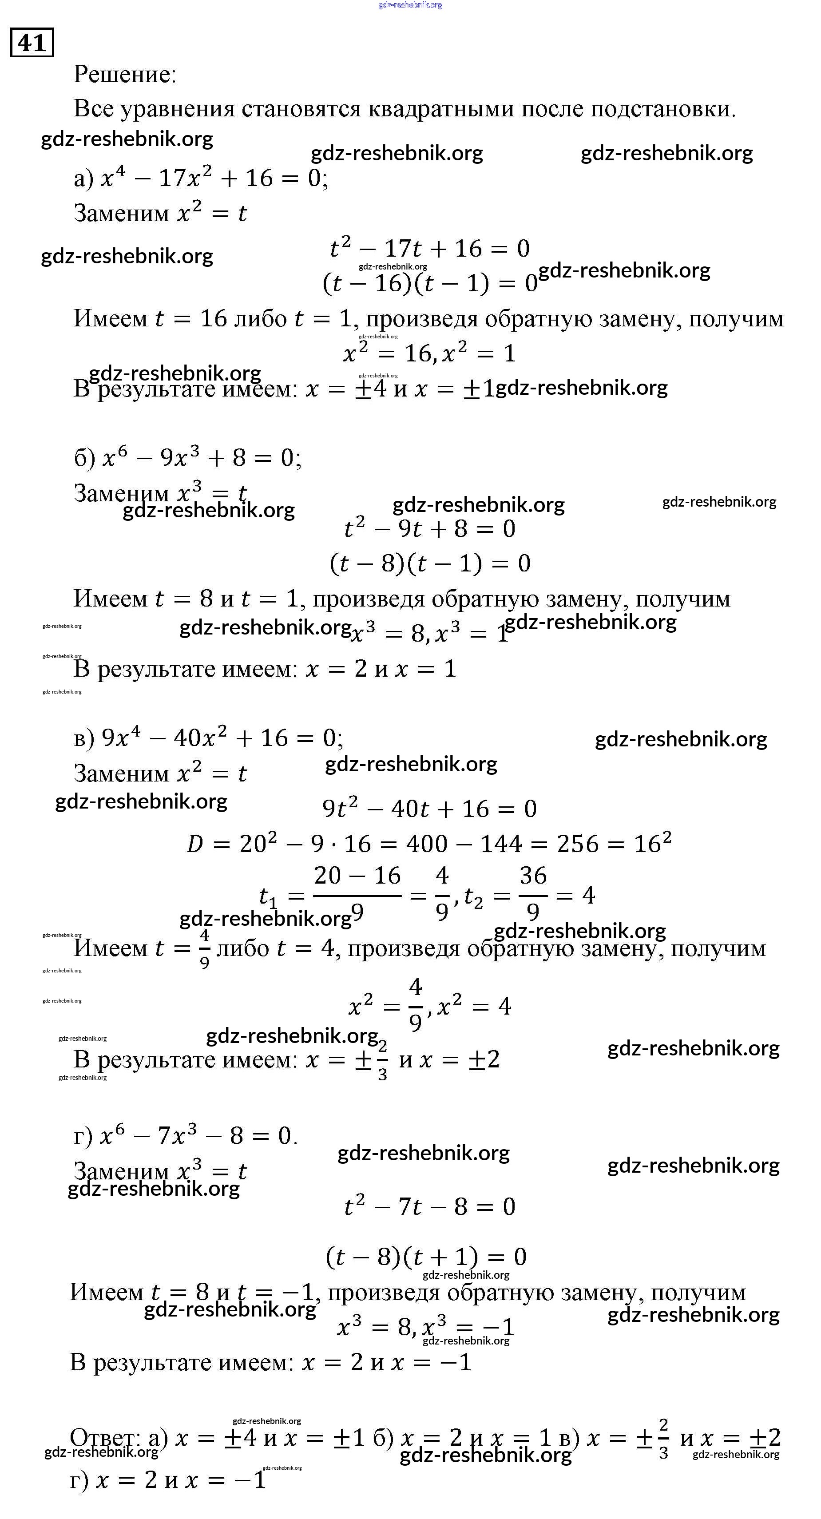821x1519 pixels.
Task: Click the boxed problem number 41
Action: tap(32, 43)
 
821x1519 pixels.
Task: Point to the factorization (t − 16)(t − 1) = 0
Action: tap(430, 284)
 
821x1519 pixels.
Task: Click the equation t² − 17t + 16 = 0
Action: tap(429, 248)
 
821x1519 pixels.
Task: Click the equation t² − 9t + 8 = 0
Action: tap(429, 528)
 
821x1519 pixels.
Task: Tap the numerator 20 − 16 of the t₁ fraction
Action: tap(357, 876)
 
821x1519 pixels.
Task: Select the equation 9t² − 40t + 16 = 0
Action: tap(429, 809)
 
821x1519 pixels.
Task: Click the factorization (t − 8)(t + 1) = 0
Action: tap(426, 1257)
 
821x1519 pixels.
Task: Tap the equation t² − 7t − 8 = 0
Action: tap(429, 1206)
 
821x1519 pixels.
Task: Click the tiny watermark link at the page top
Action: tap(410, 5)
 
